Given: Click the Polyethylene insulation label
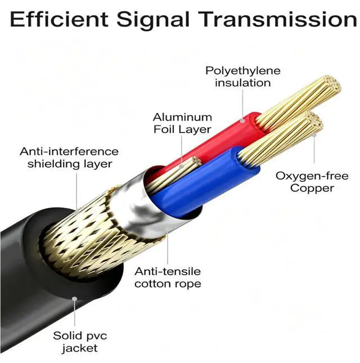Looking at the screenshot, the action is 243,77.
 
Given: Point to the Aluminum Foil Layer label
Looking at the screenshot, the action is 182,123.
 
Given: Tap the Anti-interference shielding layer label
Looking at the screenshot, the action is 69,158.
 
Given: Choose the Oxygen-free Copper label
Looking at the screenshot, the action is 312,182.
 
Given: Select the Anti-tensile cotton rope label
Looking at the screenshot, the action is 168,277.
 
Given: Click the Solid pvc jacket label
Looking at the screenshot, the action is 80,342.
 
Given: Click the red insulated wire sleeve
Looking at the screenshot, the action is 215,141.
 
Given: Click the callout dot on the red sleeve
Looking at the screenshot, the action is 242,120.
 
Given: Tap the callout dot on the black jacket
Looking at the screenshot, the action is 74,299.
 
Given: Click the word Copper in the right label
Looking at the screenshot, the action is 312,188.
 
